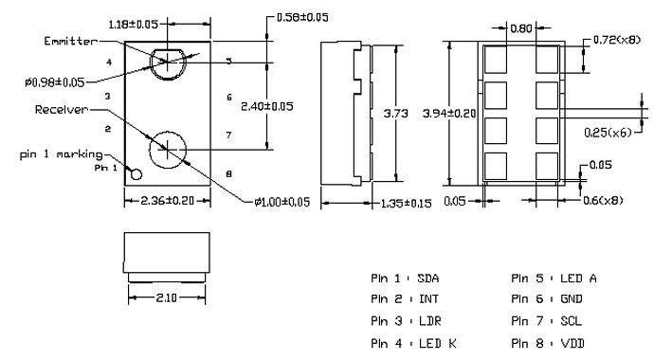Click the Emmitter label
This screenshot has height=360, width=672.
pyautogui.click(x=70, y=41)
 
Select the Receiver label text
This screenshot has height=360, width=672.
pyautogui.click(x=62, y=110)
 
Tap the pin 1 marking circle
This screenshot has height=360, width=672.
pyautogui.click(x=136, y=174)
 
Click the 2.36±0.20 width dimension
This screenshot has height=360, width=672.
pyautogui.click(x=167, y=201)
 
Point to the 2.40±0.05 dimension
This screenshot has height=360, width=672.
pyautogui.click(x=267, y=106)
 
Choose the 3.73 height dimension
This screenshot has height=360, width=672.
pyautogui.click(x=395, y=114)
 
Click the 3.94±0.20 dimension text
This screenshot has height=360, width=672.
pyautogui.click(x=449, y=114)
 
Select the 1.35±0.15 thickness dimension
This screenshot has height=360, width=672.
pyautogui.click(x=407, y=203)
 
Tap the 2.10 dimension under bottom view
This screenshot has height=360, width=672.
pyautogui.click(x=166, y=297)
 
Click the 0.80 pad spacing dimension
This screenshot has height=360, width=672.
pyautogui.click(x=521, y=28)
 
